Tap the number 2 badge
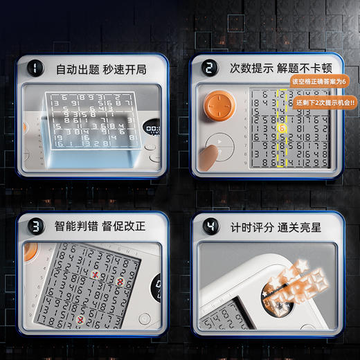[208, 69]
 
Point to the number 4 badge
[208, 226]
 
